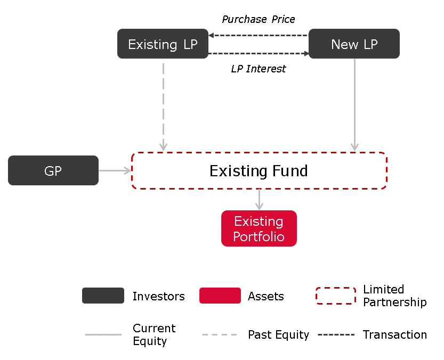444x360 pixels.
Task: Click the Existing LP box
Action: [163, 44]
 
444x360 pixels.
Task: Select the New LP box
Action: [354, 44]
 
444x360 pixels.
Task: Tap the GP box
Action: [53, 170]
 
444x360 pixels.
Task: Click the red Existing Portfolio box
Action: [259, 228]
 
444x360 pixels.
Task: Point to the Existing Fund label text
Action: [259, 170]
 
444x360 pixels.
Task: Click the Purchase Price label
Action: [258, 19]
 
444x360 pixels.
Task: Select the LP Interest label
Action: [258, 69]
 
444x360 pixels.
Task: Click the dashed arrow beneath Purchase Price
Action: [258, 35]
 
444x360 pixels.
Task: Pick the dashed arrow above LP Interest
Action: [258, 53]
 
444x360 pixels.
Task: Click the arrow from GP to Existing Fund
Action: [115, 170]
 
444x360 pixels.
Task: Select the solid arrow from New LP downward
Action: [354, 105]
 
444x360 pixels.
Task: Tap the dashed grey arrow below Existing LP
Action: [164, 107]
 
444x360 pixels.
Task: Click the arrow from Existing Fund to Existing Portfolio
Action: [259, 200]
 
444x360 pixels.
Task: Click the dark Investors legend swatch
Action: [103, 296]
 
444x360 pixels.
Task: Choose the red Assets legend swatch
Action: [220, 296]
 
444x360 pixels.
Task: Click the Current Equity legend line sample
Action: [103, 334]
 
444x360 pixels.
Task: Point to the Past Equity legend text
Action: [278, 335]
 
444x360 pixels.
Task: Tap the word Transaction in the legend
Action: [395, 334]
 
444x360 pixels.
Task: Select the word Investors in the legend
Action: [159, 296]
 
